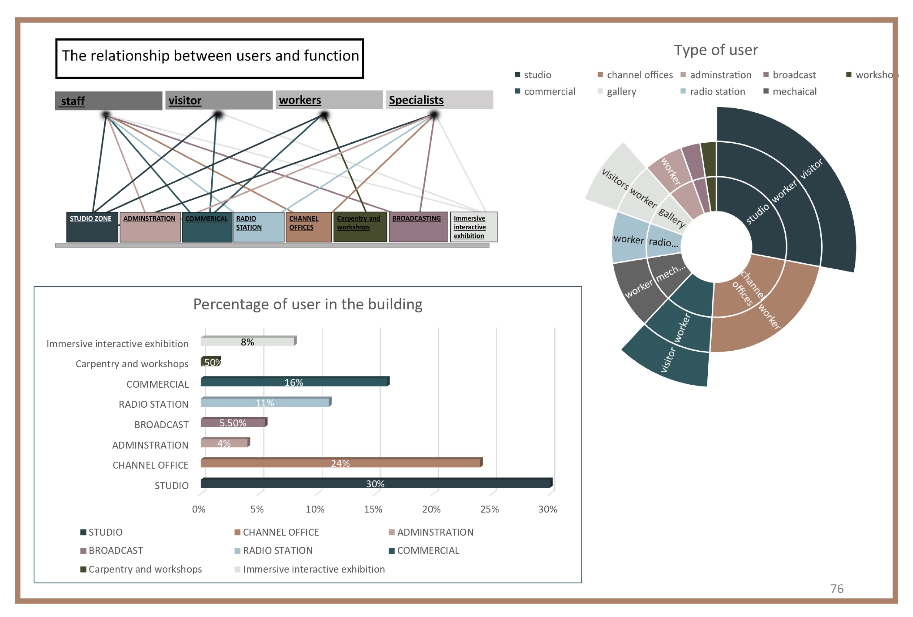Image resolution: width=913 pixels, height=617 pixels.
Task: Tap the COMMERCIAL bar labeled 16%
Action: coord(294,382)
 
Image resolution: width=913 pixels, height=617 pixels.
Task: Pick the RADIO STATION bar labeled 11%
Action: coord(265,402)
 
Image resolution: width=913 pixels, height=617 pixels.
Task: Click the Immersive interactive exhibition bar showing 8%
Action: coord(248,342)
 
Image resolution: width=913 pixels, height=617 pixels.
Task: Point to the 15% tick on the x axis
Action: coord(373,509)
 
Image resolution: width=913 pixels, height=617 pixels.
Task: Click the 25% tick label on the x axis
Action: coord(490,509)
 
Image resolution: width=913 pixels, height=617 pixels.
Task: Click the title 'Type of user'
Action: coord(716,50)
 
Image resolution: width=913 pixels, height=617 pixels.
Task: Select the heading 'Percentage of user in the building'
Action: coord(308,304)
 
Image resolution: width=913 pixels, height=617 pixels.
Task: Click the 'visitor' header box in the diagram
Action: coord(219,101)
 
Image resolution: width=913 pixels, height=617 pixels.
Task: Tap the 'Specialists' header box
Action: coord(439,100)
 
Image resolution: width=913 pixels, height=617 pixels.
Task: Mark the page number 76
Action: coord(836,589)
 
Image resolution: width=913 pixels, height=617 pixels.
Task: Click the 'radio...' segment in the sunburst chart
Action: coord(663,242)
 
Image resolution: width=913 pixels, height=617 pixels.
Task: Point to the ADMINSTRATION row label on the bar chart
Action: coord(150,445)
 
